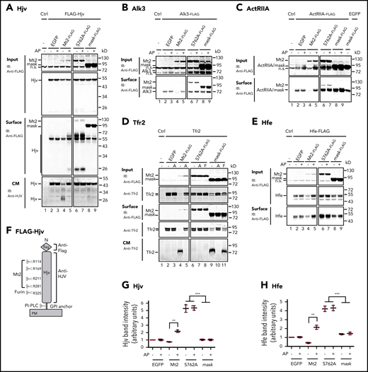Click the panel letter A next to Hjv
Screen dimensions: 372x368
tap(5, 6)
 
